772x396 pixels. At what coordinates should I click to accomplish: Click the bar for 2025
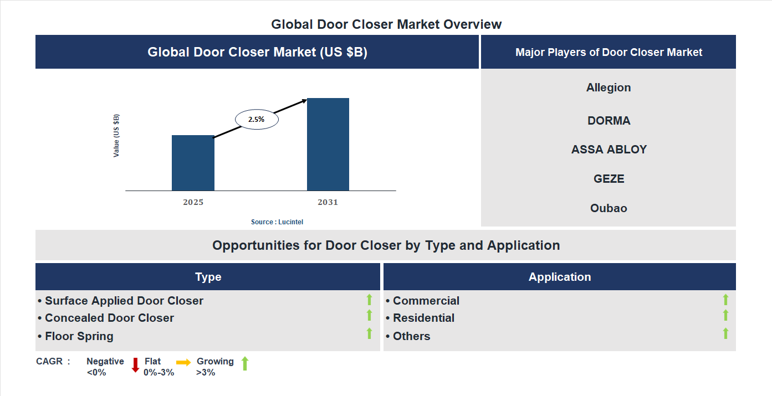click(x=193, y=163)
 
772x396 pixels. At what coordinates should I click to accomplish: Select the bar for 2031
click(x=328, y=145)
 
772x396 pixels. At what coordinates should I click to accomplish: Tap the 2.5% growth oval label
click(x=257, y=119)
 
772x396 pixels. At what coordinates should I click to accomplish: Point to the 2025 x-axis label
click(x=193, y=202)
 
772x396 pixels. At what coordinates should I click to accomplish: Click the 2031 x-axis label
click(x=328, y=202)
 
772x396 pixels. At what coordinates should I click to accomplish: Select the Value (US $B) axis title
click(x=116, y=136)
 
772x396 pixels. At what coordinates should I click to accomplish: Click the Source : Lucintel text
click(x=277, y=222)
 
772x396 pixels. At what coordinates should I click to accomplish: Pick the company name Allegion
click(x=609, y=88)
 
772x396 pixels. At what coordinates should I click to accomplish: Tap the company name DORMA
click(x=609, y=121)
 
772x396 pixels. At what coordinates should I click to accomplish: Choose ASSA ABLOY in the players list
click(x=609, y=150)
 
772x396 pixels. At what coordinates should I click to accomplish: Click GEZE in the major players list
click(x=609, y=179)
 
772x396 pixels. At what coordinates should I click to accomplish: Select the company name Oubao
click(x=609, y=208)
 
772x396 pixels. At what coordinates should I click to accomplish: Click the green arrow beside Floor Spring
click(x=369, y=333)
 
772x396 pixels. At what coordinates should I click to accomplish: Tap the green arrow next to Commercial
click(x=725, y=300)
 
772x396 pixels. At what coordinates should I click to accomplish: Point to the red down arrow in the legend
click(x=135, y=365)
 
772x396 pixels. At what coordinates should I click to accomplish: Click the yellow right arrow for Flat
click(x=183, y=362)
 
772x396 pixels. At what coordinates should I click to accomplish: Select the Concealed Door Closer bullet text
click(x=109, y=318)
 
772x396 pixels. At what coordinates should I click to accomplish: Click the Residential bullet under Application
click(x=423, y=318)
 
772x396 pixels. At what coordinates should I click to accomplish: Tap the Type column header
click(x=208, y=277)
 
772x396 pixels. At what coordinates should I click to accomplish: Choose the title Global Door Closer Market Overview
click(x=386, y=24)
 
